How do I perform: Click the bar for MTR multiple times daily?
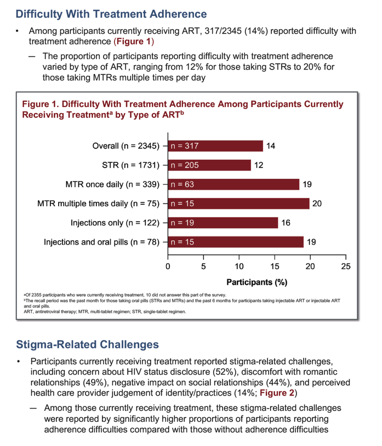(x=238, y=204)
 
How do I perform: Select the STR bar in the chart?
(x=209, y=165)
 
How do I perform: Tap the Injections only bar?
(x=223, y=223)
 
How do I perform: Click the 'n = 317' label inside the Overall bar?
(x=185, y=146)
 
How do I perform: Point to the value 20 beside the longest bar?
(x=317, y=204)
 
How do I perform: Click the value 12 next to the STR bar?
(x=258, y=165)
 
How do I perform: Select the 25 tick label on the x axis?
(x=346, y=267)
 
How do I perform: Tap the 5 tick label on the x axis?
(x=203, y=267)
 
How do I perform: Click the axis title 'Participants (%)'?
(x=257, y=282)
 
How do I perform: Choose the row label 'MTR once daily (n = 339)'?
(x=112, y=185)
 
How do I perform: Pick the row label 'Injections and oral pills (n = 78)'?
(x=101, y=242)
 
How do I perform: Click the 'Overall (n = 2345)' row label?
(x=126, y=146)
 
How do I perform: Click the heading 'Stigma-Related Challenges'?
(x=87, y=345)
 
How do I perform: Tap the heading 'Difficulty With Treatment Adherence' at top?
(x=111, y=14)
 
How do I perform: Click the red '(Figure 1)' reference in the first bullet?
(x=134, y=42)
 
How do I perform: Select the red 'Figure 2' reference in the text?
(x=277, y=393)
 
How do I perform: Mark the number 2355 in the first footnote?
(x=36, y=295)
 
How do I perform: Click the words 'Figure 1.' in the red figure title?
(x=41, y=104)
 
